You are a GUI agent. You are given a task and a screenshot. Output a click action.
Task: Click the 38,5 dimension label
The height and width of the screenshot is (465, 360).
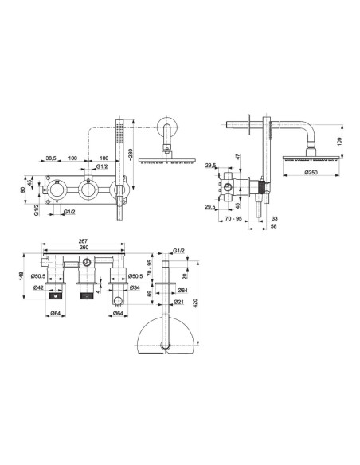coord(51,158)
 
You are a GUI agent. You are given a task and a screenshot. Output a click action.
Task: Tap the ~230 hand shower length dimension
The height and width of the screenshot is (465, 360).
coord(131,154)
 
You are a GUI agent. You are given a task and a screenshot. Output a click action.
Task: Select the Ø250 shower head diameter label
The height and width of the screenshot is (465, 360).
coord(311,172)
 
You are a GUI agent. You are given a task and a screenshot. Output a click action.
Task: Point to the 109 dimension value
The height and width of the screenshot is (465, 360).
coord(340,142)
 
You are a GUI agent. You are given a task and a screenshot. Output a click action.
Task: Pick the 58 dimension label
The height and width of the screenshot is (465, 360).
coord(274,226)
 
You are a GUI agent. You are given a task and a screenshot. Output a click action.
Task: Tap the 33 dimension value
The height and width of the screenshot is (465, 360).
coord(275,218)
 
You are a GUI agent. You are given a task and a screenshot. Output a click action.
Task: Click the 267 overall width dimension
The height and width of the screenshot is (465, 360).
coord(84,241)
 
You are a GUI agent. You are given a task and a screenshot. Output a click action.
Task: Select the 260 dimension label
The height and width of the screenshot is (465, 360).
coord(84,248)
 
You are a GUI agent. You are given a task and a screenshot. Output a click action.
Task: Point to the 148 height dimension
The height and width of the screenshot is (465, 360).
coord(22,276)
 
